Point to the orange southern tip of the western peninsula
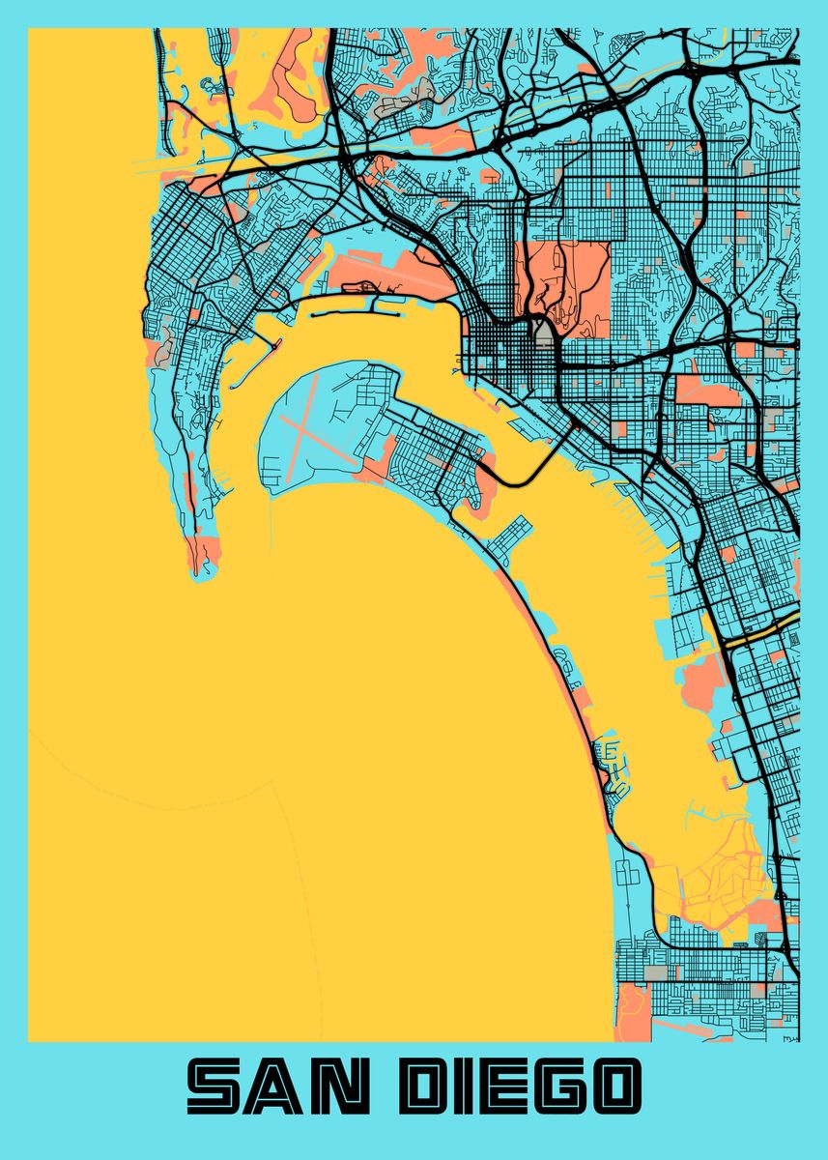(203, 556)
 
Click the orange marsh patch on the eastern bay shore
(703, 681)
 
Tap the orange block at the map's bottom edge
(633, 1010)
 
